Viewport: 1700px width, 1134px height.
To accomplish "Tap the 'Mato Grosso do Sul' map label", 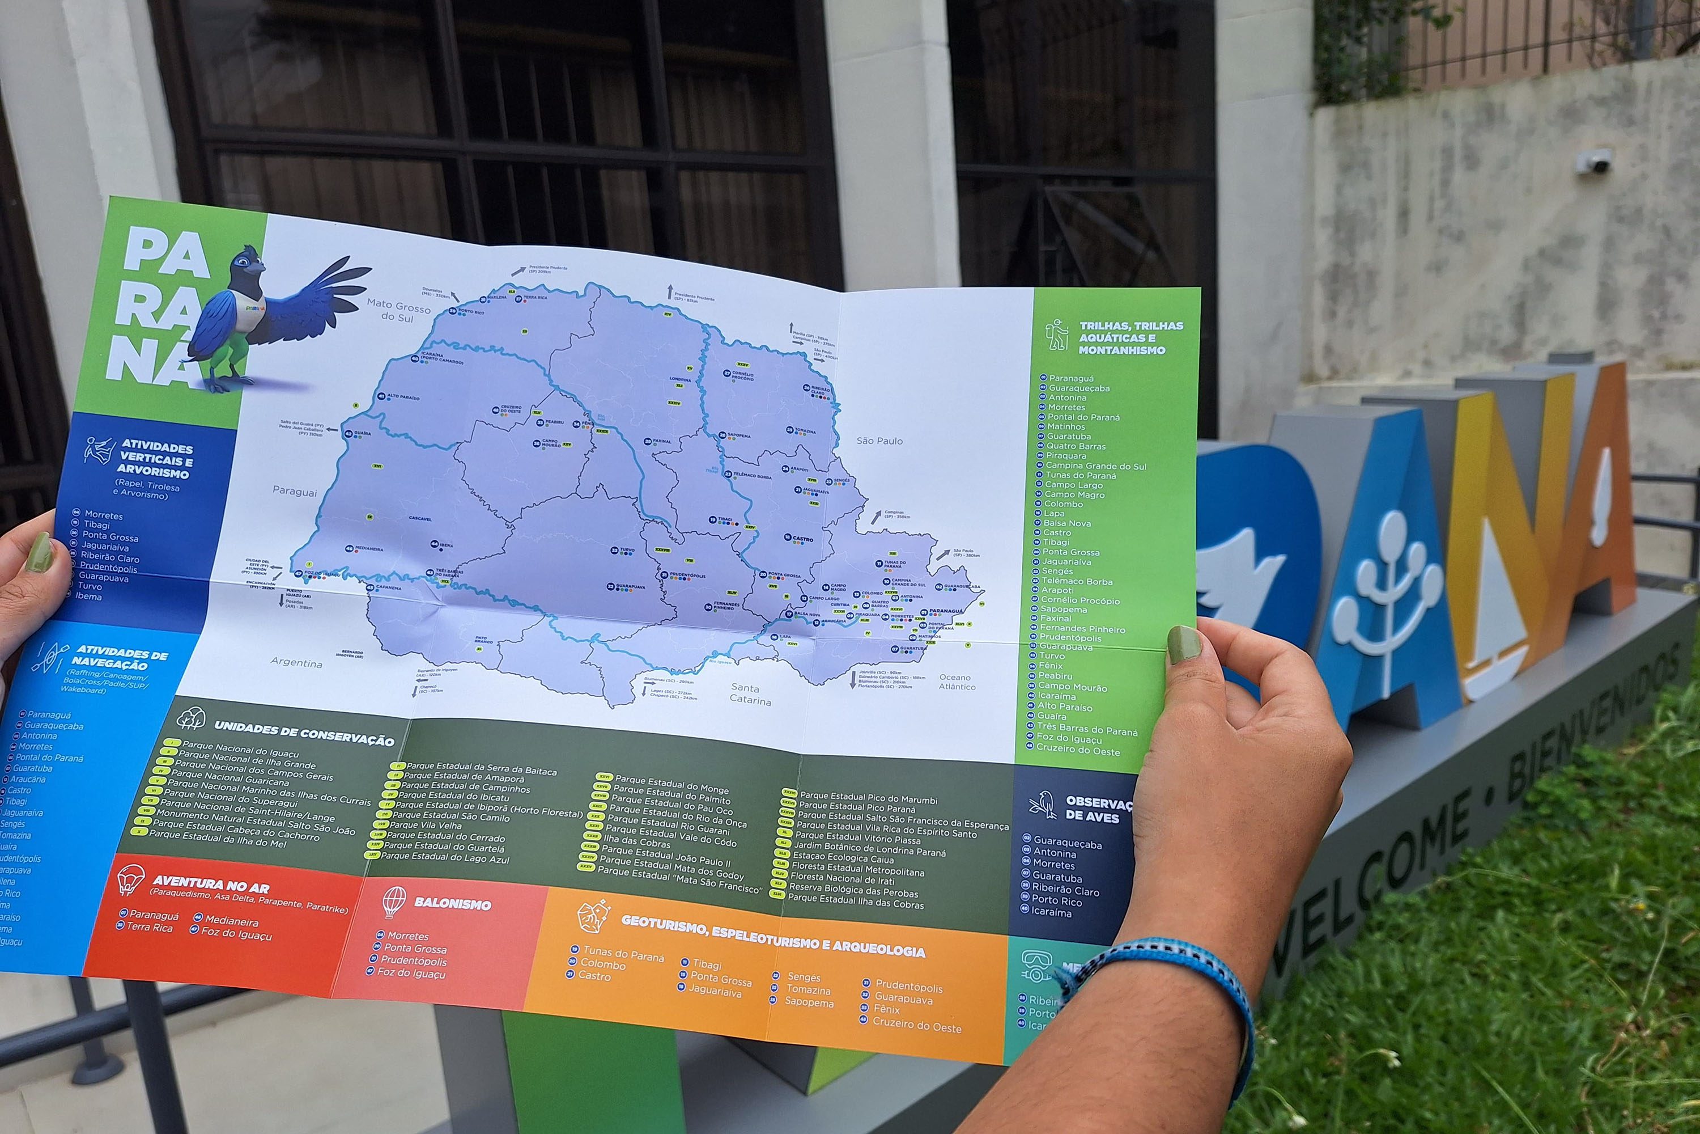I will [x=398, y=310].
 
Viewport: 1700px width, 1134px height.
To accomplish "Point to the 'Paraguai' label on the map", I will [x=294, y=492].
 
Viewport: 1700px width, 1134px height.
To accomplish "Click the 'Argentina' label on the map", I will [x=296, y=662].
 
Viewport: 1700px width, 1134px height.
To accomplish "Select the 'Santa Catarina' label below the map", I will [x=750, y=693].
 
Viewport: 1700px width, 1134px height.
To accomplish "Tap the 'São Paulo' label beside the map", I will [x=879, y=441].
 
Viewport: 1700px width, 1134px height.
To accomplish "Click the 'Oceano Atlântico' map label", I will [x=957, y=682].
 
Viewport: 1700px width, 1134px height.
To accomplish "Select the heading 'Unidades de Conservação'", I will [x=304, y=732].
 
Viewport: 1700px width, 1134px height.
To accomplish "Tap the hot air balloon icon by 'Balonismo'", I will [x=394, y=901].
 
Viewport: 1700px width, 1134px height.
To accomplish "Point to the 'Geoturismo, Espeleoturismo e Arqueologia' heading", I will [x=773, y=936].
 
